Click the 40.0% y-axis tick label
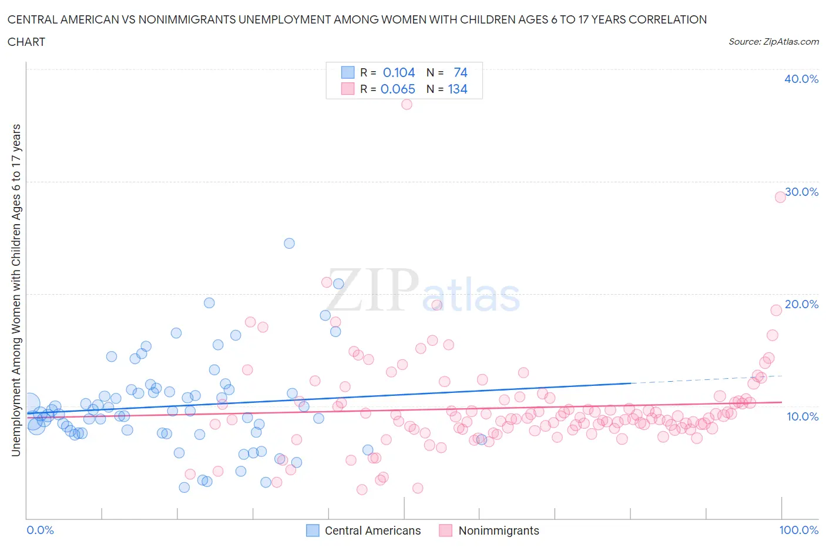click(801, 79)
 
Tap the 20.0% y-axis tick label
click(801, 304)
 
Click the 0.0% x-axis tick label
click(40, 530)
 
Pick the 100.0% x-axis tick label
click(798, 530)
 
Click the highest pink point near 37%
click(407, 104)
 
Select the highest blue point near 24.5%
click(289, 243)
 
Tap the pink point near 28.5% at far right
click(780, 197)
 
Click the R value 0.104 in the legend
click(399, 72)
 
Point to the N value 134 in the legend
click(458, 89)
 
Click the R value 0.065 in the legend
click(398, 89)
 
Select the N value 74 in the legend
click(461, 72)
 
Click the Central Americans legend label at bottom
click(372, 531)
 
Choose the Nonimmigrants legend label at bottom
click(498, 531)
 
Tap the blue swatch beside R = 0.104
click(348, 72)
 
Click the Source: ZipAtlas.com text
click(773, 41)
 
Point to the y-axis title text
click(16, 290)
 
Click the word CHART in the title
click(26, 42)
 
